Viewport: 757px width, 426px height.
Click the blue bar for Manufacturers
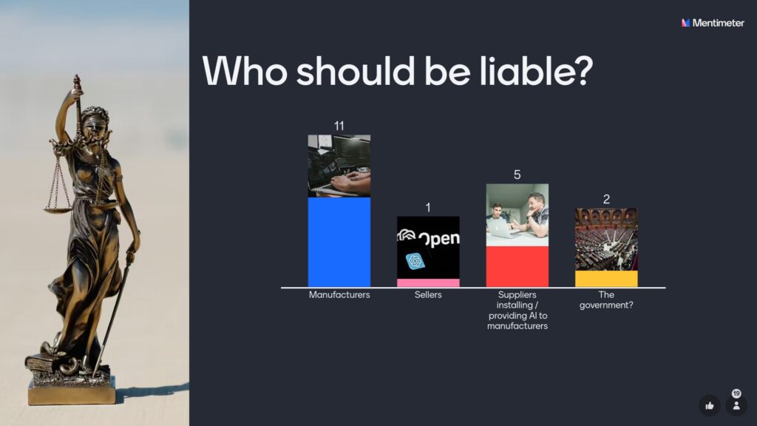click(x=339, y=242)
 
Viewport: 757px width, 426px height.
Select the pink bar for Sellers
click(x=428, y=283)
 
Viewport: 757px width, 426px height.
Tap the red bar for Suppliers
click(x=517, y=266)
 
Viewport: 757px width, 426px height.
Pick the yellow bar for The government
click(x=606, y=279)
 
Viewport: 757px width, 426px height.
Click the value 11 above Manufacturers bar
click(x=339, y=126)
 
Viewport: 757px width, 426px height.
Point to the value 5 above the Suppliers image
click(x=517, y=175)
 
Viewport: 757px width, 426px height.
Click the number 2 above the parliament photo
click(x=606, y=200)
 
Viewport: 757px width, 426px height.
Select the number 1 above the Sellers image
click(x=428, y=208)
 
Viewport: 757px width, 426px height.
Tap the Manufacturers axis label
click(x=339, y=294)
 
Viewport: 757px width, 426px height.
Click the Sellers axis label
click(x=428, y=294)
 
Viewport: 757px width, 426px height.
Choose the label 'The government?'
click(x=606, y=300)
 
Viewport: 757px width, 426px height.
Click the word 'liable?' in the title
click(x=537, y=71)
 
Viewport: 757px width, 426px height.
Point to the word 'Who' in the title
click(x=245, y=71)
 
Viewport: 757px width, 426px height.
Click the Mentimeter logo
click(x=713, y=23)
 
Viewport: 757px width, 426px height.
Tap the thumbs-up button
click(x=709, y=406)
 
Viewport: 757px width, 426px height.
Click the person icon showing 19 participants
click(x=736, y=406)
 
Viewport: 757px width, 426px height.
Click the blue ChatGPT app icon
click(x=415, y=261)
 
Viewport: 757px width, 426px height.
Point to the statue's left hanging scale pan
click(x=58, y=209)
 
